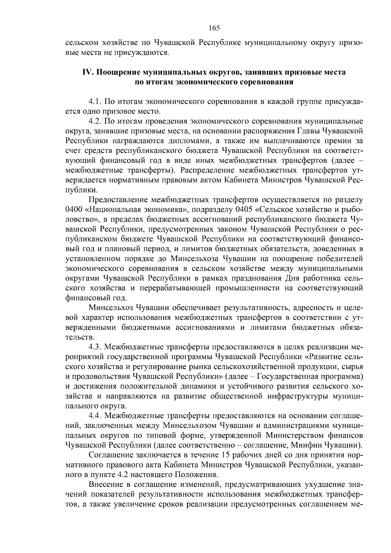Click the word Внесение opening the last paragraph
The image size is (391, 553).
click(x=105, y=484)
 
